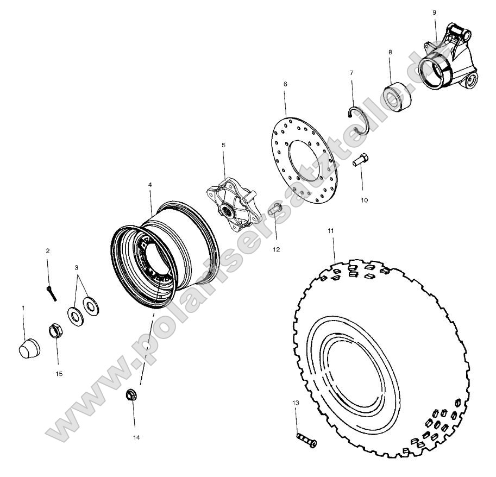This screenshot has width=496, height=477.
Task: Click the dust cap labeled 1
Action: coord(29,347)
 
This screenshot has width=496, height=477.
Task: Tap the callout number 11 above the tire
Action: coord(330,231)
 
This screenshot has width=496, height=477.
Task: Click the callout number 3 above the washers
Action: coord(77,267)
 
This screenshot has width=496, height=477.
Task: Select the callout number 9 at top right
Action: coord(434,12)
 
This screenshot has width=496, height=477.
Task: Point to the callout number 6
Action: coord(285,84)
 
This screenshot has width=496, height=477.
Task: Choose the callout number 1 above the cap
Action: coord(23,308)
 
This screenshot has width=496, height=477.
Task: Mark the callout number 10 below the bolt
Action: coord(363,200)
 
